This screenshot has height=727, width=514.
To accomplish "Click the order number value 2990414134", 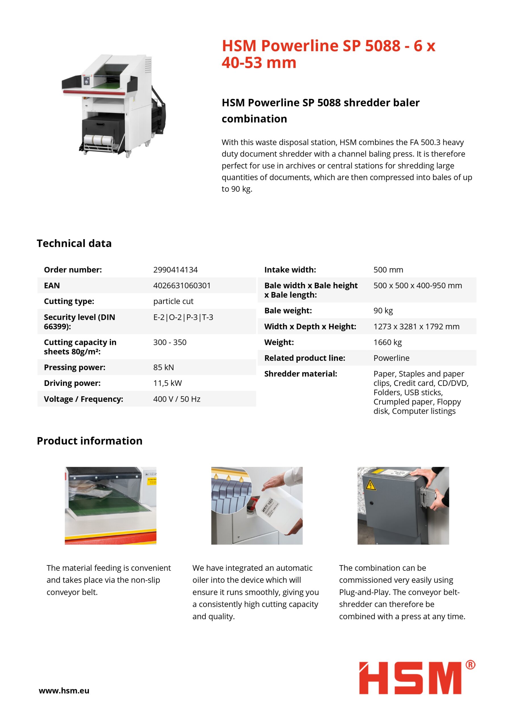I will (175, 270).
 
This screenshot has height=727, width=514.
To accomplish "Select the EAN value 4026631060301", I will (182, 286).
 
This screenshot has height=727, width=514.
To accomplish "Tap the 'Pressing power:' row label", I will (75, 367).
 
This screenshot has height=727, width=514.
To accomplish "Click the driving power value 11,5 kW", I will (167, 383).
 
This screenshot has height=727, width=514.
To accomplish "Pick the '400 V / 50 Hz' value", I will (177, 399).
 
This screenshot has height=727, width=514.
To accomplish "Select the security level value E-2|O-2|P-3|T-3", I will (183, 317).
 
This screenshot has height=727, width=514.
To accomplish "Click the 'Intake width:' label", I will (290, 270).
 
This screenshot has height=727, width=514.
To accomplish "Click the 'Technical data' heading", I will (74, 243).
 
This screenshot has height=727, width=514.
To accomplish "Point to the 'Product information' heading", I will (90, 441).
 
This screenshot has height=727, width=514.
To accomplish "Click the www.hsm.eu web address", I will (64, 691).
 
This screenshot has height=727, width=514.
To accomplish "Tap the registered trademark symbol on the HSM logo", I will (470, 665).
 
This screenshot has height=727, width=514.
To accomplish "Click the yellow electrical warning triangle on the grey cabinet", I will (371, 485).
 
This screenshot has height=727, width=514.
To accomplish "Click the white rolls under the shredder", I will (98, 140).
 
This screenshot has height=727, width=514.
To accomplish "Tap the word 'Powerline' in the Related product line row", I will (391, 358).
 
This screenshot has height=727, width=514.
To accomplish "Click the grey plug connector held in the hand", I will (428, 495).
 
